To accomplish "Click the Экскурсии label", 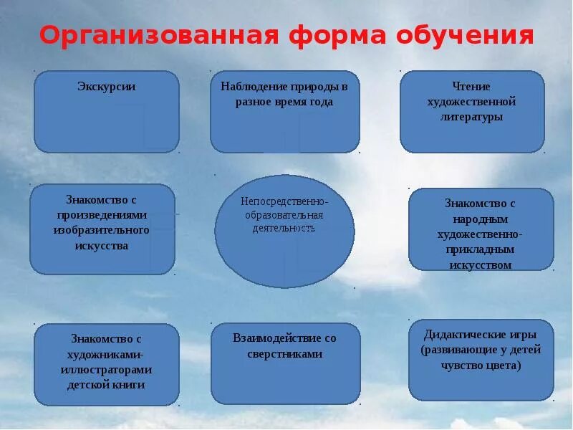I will point(107,87).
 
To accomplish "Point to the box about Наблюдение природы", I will point(284,112).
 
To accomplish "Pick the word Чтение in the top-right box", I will point(471,87).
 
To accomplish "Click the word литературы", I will point(471,117).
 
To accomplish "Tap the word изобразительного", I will point(101,230).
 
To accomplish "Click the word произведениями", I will point(101,214).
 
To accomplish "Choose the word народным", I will point(480,219).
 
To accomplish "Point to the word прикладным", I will point(480,249).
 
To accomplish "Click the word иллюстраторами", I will point(106,369).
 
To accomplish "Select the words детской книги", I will point(106,385).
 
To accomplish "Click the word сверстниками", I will point(284,354).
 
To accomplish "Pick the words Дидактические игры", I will point(480,334).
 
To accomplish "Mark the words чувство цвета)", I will point(480,365).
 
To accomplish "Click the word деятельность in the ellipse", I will point(284,228).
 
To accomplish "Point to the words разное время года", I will point(284,102).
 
